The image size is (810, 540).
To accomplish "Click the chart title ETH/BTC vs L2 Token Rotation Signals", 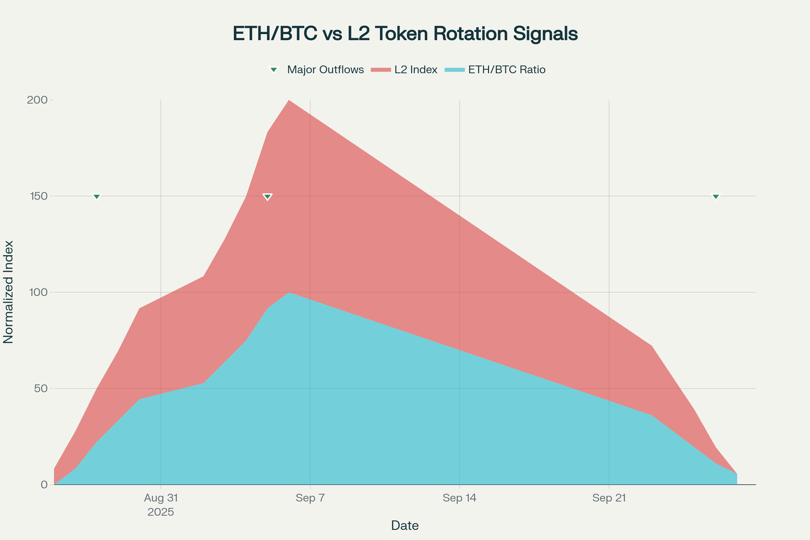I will [x=405, y=34].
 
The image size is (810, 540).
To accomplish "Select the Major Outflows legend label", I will [x=325, y=70].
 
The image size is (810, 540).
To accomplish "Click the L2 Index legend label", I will [x=416, y=70].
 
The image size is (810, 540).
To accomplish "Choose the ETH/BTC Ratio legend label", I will [x=507, y=70].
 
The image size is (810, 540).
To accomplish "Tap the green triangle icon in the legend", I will [x=274, y=70].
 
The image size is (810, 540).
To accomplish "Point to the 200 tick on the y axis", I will [x=37, y=100].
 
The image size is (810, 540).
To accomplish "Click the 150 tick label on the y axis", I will [x=38, y=196].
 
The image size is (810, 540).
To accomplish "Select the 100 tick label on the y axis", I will [x=38, y=292].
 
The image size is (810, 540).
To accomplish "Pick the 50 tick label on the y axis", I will [x=40, y=388].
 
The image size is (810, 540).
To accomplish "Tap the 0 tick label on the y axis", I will [x=44, y=485].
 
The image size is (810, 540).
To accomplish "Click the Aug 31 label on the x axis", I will [x=161, y=498].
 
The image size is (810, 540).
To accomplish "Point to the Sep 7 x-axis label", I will [x=310, y=498].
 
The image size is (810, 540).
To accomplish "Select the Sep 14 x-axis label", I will [x=459, y=498].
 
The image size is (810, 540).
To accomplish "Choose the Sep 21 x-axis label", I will [x=609, y=498].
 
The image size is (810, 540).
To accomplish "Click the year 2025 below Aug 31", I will [x=161, y=512].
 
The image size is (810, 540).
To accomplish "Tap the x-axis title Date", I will [x=405, y=526].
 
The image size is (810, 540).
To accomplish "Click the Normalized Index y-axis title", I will [x=8, y=292].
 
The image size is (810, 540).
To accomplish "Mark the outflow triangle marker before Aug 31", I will [x=97, y=197].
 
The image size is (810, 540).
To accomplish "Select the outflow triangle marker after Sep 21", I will [x=715, y=197].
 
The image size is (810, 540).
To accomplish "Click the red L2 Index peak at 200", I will [x=289, y=101].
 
